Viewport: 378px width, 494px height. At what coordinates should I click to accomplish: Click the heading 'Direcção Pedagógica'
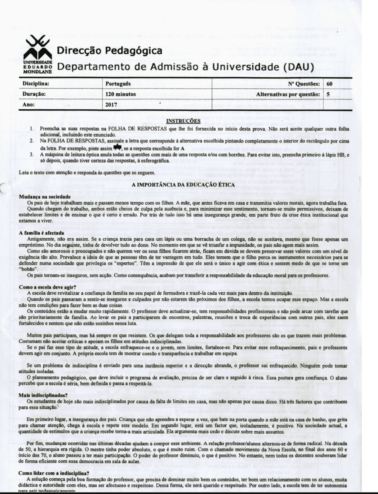click(x=110, y=51)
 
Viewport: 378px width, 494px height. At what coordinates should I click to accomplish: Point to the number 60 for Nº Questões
click(x=329, y=84)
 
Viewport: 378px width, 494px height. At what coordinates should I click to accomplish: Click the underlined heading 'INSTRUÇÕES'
click(x=183, y=121)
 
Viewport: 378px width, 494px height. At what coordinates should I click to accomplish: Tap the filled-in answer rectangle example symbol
click(x=118, y=147)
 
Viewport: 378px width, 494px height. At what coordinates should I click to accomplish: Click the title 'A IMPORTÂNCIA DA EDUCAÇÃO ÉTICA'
click(x=183, y=185)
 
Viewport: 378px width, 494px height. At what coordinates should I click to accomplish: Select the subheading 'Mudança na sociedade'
click(x=45, y=197)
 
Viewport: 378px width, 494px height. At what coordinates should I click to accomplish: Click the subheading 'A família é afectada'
click(x=42, y=233)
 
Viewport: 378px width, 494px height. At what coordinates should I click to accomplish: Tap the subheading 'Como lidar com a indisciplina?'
click(x=54, y=473)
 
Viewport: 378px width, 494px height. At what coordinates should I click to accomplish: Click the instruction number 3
click(x=32, y=155)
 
